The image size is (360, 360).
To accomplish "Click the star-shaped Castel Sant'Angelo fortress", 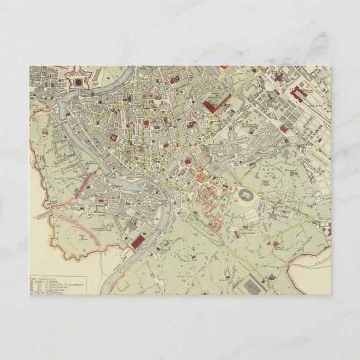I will point(78,80).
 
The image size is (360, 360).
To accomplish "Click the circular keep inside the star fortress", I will point(78,81).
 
